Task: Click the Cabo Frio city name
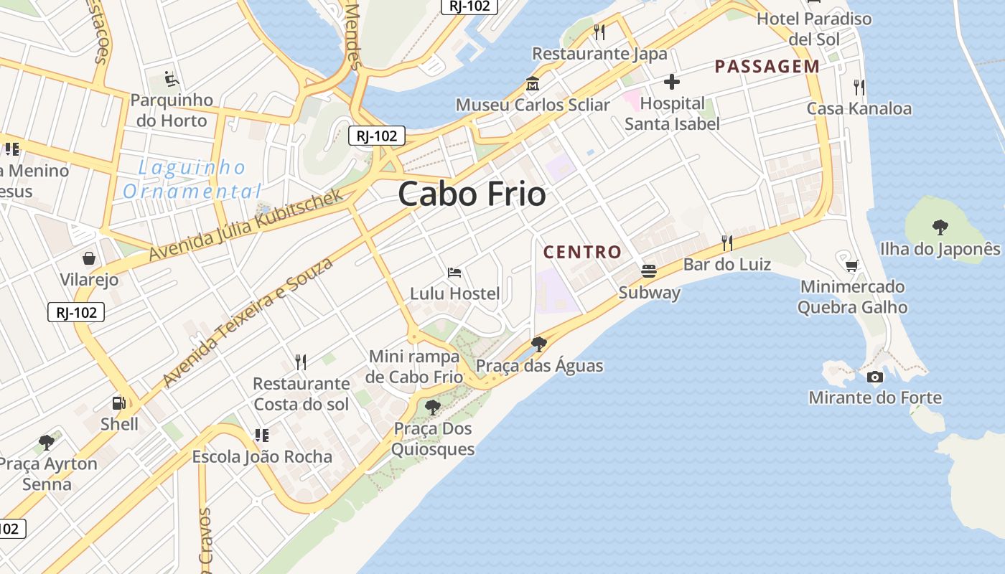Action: (472, 194)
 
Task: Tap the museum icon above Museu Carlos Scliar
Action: (533, 83)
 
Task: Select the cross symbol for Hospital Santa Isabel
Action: (672, 82)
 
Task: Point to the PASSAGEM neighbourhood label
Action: (767, 67)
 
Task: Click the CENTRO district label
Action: (582, 252)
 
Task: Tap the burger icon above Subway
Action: (649, 271)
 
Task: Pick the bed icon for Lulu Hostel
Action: (454, 273)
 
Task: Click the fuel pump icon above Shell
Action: (119, 404)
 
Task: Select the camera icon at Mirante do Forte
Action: (874, 377)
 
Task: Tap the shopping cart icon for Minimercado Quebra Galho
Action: (852, 266)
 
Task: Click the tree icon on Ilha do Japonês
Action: (940, 228)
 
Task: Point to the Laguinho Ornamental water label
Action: (192, 179)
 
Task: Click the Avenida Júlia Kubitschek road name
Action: (246, 225)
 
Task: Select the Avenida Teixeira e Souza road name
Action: (248, 321)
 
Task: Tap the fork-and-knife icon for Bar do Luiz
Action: (727, 243)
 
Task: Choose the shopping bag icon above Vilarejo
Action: (89, 258)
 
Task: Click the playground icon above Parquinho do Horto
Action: (171, 78)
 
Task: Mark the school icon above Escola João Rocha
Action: (262, 436)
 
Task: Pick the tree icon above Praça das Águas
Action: (538, 344)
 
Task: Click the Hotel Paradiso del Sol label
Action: (814, 29)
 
